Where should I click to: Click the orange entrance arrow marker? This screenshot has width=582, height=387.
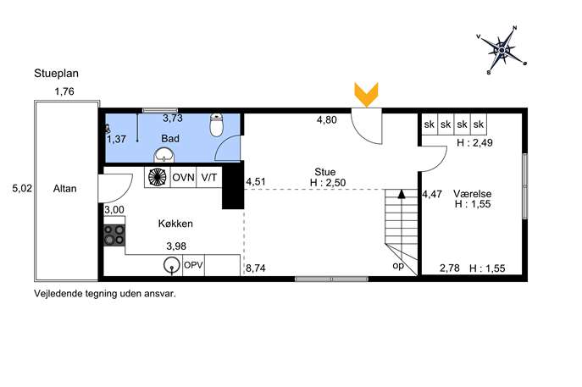(366, 94)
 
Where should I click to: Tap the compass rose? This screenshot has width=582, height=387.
(502, 50)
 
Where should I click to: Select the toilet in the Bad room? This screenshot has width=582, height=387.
(216, 125)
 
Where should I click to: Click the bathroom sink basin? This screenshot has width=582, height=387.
(164, 155)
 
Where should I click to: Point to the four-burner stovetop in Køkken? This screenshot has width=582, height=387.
(114, 235)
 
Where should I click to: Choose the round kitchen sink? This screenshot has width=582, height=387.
(171, 265)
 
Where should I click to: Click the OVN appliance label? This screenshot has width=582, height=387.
(183, 177)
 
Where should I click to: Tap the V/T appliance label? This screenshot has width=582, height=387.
(209, 177)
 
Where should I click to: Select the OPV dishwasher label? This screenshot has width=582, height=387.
(193, 265)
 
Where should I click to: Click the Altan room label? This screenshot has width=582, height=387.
(65, 189)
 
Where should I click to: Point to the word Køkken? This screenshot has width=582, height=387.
(175, 224)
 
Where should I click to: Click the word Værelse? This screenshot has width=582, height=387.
(473, 194)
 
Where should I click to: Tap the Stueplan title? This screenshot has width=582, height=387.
(57, 74)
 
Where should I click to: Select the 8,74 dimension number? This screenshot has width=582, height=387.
(256, 268)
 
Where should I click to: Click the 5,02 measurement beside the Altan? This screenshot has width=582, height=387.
(22, 189)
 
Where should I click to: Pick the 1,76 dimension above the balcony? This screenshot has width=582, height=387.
(64, 91)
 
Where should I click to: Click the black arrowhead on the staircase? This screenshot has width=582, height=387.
(402, 194)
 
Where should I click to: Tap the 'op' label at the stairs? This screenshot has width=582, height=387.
(398, 266)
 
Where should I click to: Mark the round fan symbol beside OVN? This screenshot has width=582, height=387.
(158, 177)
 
